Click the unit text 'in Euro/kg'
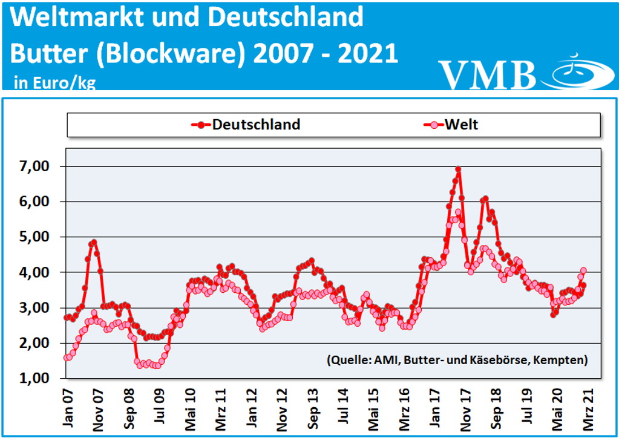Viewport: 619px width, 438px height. point(54,83)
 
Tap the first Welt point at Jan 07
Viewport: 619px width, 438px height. point(67,358)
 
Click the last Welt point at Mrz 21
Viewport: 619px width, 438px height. point(583,270)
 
